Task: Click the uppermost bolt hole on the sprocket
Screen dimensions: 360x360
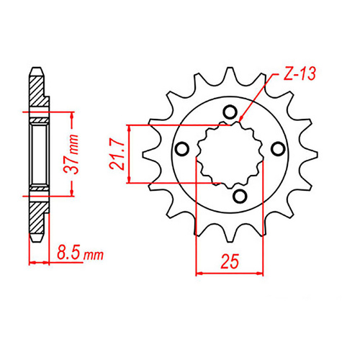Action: point(230,112)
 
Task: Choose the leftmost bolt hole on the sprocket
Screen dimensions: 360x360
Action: point(182,149)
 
